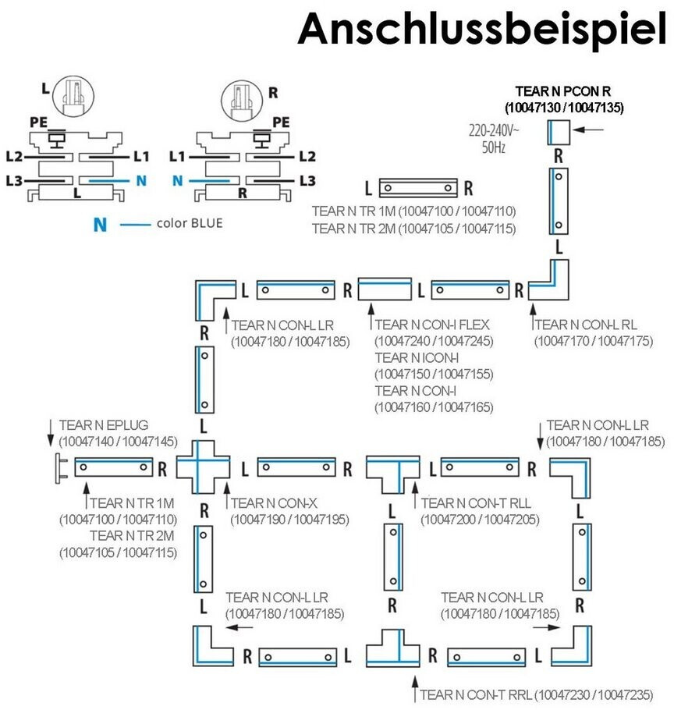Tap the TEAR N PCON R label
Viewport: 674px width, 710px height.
coord(563,91)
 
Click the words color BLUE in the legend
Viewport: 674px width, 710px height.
coord(190,223)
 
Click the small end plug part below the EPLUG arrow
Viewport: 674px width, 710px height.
coord(59,468)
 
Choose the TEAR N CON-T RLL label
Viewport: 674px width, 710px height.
coord(476,502)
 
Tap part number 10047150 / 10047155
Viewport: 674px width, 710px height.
coord(434,374)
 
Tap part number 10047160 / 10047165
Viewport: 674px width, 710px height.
coord(434,406)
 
